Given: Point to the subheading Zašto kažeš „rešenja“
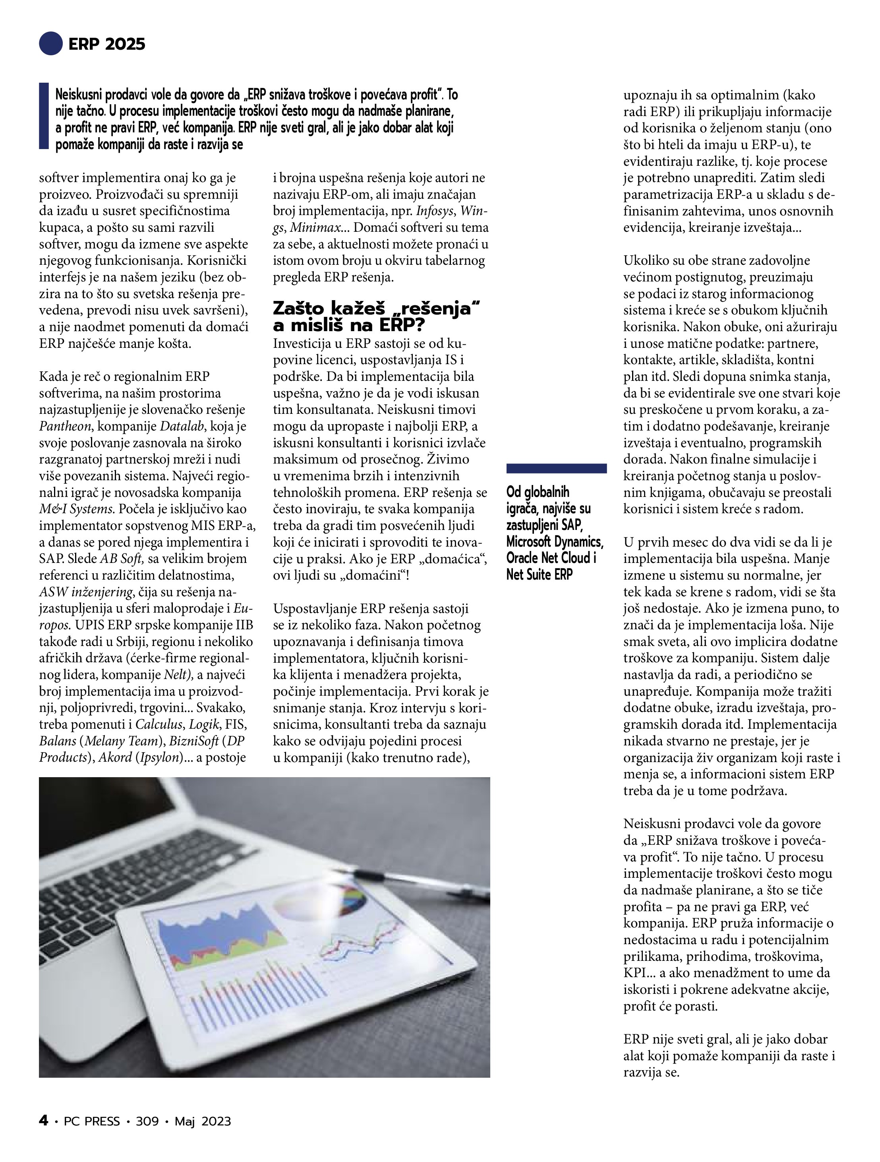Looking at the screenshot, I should (x=377, y=308).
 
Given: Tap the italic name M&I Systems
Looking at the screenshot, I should (x=77, y=509).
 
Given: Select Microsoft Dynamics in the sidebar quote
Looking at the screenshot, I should (x=555, y=541).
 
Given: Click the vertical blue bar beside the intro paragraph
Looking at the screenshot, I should (x=44, y=116).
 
